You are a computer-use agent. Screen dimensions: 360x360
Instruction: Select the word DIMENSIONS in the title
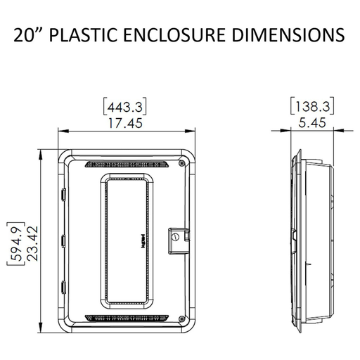click(281, 34)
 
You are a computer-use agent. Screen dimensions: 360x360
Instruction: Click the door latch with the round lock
click(176, 239)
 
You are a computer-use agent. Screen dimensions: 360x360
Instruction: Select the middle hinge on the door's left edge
click(62, 240)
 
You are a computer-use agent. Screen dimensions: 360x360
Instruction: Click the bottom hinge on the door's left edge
click(62, 287)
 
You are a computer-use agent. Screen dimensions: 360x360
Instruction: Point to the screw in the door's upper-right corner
click(182, 163)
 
